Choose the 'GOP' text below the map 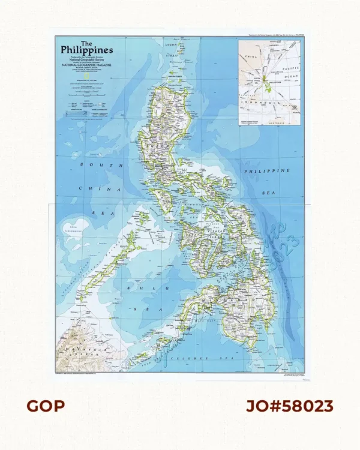click(46, 406)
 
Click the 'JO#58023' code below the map click(290, 406)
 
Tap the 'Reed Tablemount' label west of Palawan click(74, 227)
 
